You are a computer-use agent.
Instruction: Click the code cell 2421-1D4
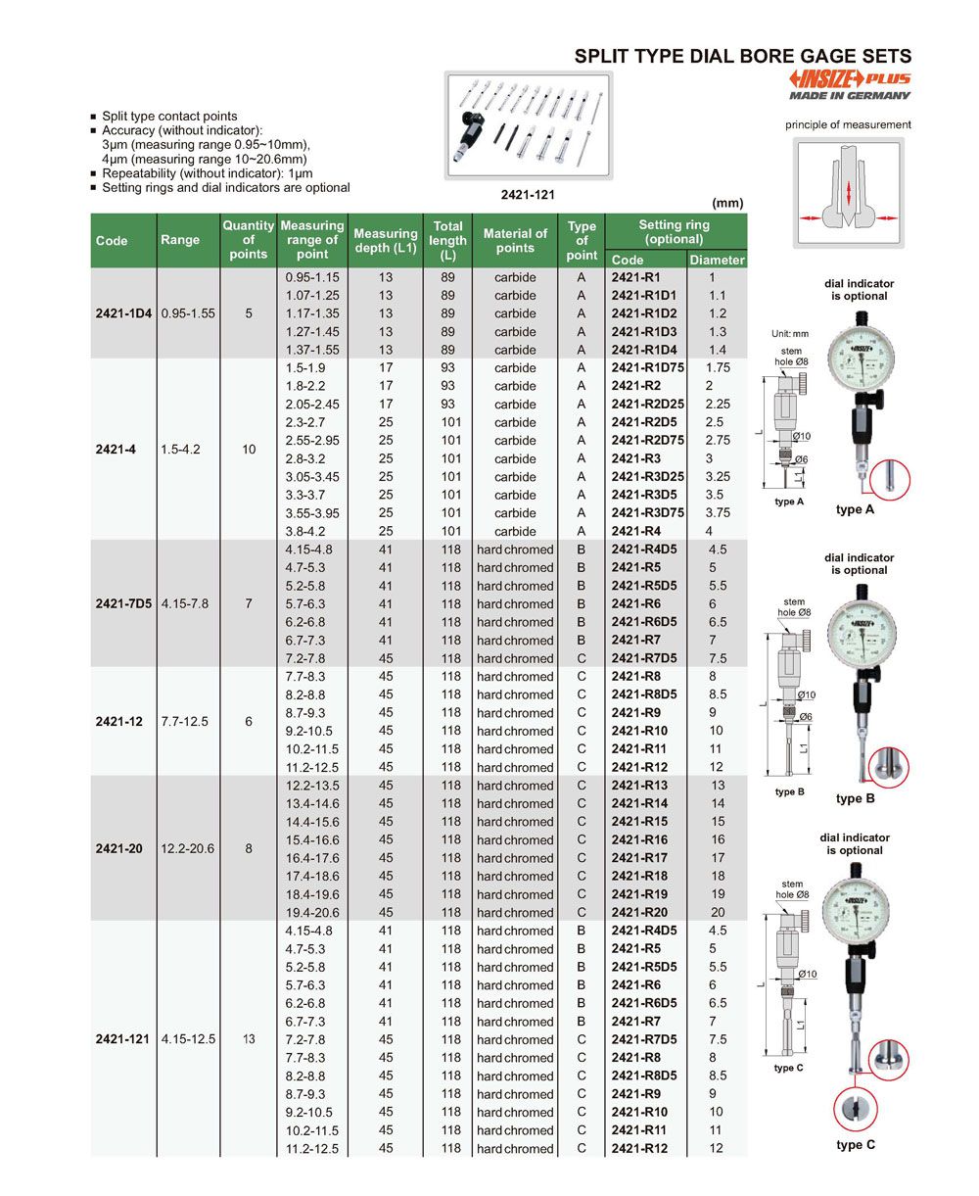pos(123,313)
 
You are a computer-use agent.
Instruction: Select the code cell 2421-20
pos(119,848)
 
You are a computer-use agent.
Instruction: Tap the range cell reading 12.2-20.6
pos(187,848)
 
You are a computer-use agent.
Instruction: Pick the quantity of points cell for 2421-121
pos(249,1038)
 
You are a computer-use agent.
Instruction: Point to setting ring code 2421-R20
pos(639,912)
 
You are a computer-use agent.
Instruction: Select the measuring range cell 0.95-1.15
pos(312,277)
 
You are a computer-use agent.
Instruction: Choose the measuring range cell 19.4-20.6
pos(312,912)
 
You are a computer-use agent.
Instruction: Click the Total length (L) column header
pos(447,240)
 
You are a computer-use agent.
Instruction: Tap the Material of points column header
pos(515,240)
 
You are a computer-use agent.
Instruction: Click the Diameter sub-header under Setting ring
pos(717,260)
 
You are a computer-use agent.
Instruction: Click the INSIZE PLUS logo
pos(849,79)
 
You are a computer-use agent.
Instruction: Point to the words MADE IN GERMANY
pos(850,96)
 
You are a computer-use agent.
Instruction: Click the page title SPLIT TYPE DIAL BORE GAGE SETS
pos(742,57)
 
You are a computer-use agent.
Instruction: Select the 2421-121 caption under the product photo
pos(527,195)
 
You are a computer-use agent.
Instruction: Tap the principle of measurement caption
pos(848,124)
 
